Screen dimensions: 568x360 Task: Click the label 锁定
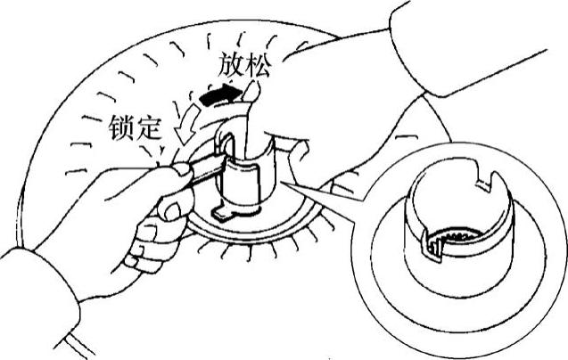click(x=135, y=127)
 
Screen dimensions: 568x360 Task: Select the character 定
click(x=149, y=127)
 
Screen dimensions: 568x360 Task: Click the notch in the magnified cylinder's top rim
click(x=487, y=184)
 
